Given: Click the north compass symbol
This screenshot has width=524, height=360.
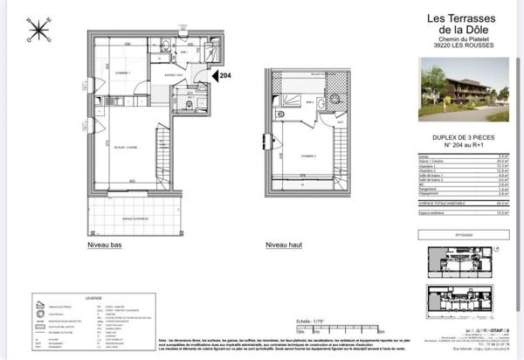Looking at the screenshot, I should point(38,31).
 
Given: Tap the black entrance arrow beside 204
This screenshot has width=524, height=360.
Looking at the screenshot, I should point(215,77).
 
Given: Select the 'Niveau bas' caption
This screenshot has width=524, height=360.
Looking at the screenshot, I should point(105,246).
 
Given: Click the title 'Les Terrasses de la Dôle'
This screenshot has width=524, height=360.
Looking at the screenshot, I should point(463,24).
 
